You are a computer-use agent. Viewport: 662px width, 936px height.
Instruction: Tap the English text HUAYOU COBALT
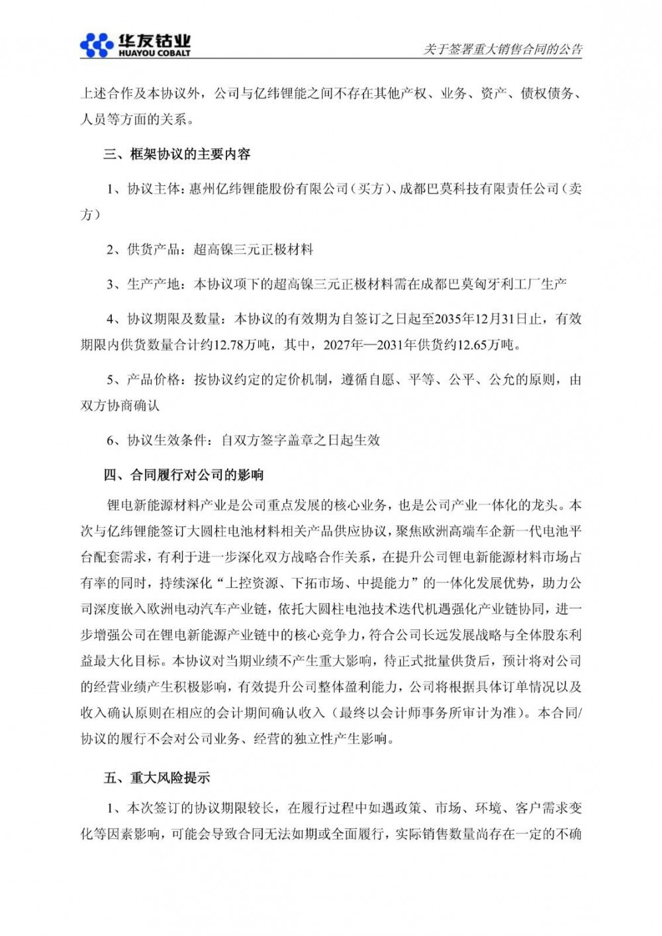153,52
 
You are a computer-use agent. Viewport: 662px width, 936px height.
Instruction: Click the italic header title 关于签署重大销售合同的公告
502,49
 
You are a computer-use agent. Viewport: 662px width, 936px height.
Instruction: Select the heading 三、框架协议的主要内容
177,154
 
